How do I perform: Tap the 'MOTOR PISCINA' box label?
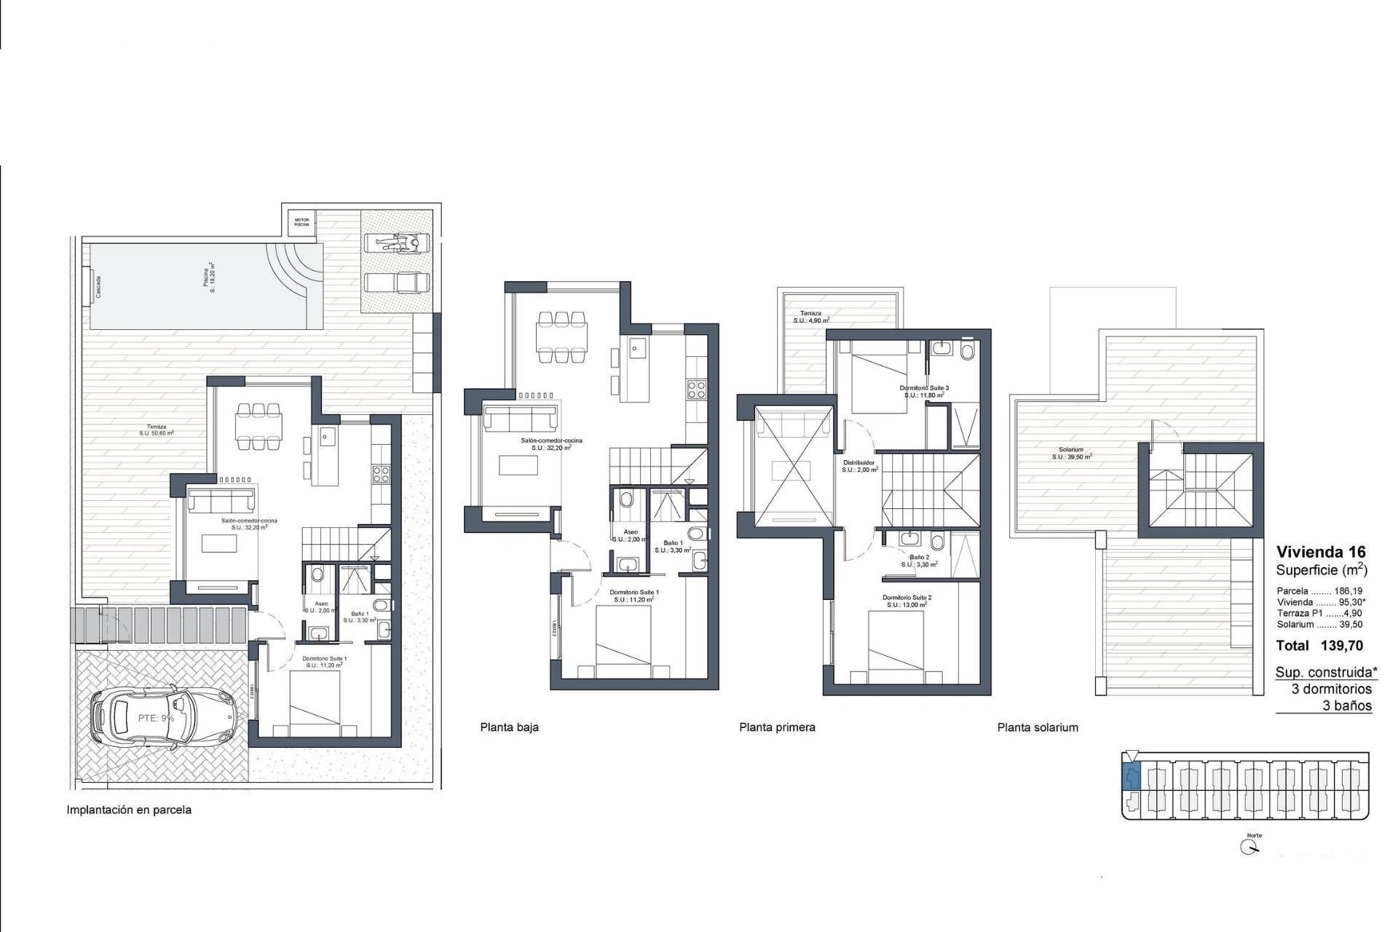pyautogui.click(x=301, y=221)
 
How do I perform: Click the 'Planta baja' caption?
pyautogui.click(x=509, y=727)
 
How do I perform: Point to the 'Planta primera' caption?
pyautogui.click(x=777, y=727)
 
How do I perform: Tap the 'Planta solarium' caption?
pyautogui.click(x=1038, y=727)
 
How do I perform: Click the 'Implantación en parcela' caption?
pyautogui.click(x=129, y=810)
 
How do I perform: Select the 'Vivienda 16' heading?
pyautogui.click(x=1321, y=552)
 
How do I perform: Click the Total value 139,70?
pyautogui.click(x=1341, y=645)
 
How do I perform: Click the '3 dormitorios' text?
pyautogui.click(x=1331, y=689)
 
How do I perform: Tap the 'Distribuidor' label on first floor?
pyautogui.click(x=858, y=463)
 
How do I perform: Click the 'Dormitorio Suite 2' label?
pyautogui.click(x=907, y=597)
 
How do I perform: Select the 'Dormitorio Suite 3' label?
pyautogui.click(x=924, y=388)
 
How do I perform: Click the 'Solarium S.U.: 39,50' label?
pyautogui.click(x=1071, y=454)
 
